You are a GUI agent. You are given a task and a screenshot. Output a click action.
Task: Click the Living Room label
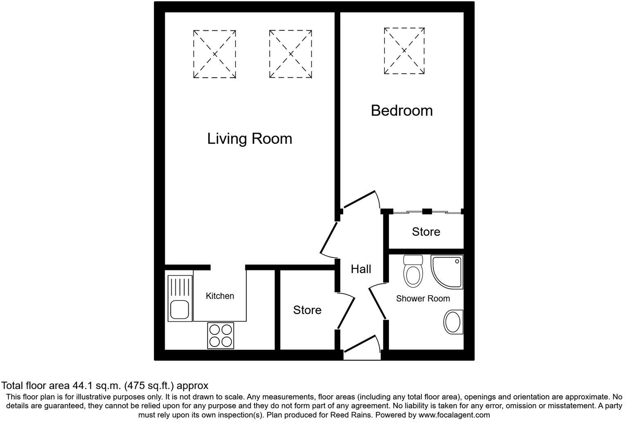(250, 139)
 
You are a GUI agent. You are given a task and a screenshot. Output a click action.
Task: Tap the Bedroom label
(402, 110)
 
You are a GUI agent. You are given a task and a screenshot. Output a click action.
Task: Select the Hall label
(361, 269)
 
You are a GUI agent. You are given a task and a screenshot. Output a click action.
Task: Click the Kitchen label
(220, 296)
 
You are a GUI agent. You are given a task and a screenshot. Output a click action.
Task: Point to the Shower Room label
(423, 299)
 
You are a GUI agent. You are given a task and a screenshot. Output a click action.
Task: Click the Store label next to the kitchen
(307, 310)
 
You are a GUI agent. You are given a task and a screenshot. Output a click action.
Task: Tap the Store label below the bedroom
(426, 232)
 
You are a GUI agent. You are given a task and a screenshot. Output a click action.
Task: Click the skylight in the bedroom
(404, 51)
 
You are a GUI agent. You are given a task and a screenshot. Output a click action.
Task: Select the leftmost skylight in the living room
(214, 54)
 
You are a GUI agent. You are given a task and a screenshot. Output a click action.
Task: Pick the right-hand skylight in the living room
(290, 54)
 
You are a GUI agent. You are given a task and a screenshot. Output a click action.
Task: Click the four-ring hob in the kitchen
(220, 336)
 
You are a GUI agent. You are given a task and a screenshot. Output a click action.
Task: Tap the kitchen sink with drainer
(180, 298)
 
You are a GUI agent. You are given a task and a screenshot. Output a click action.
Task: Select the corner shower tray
(447, 272)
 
